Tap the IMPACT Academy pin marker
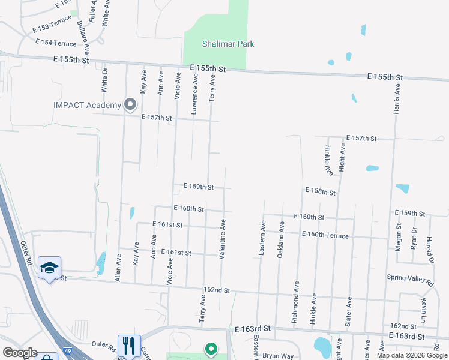[x=130, y=105]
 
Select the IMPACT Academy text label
[x=87, y=106]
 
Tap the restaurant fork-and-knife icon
[x=129, y=346]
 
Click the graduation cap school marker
[x=50, y=267]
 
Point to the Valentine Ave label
[x=222, y=239]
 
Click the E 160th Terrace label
[x=325, y=235]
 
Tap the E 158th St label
[x=320, y=191]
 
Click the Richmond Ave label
[x=295, y=301]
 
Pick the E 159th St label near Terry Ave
[x=198, y=187]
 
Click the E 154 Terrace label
[x=56, y=43]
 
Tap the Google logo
[x=20, y=353]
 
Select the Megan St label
[x=399, y=238]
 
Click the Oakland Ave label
[x=280, y=239]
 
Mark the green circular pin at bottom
[x=211, y=348]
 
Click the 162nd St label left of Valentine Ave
[x=217, y=290]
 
